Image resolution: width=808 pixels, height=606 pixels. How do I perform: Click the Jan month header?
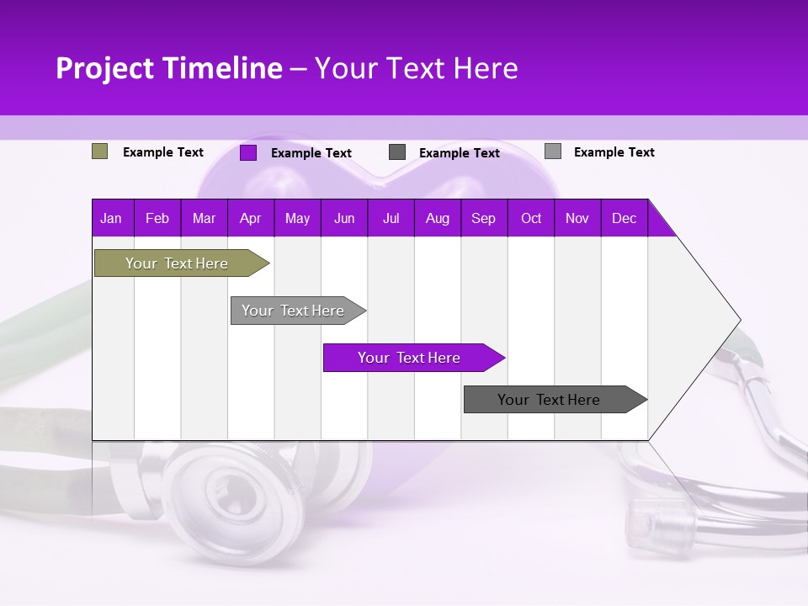[x=111, y=218]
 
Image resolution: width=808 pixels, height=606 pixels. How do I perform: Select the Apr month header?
[x=250, y=218]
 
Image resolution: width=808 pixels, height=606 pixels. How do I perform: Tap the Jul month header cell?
[x=391, y=218]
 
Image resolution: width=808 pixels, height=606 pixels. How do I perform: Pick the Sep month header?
[x=483, y=218]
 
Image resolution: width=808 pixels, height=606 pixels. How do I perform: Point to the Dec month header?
[x=624, y=218]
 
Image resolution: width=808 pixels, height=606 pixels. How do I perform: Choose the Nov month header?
[x=577, y=218]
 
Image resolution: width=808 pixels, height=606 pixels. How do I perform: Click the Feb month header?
[x=157, y=218]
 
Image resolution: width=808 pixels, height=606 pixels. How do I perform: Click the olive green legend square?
[x=100, y=151]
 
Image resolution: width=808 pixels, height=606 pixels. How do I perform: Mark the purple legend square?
[x=248, y=152]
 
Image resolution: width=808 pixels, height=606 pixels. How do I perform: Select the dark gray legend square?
[x=397, y=152]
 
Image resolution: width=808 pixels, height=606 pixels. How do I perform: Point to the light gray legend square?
[x=553, y=151]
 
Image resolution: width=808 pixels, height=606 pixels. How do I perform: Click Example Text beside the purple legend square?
[x=311, y=153]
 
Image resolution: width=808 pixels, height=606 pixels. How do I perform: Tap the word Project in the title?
[x=104, y=68]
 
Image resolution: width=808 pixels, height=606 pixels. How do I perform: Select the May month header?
[x=297, y=218]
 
